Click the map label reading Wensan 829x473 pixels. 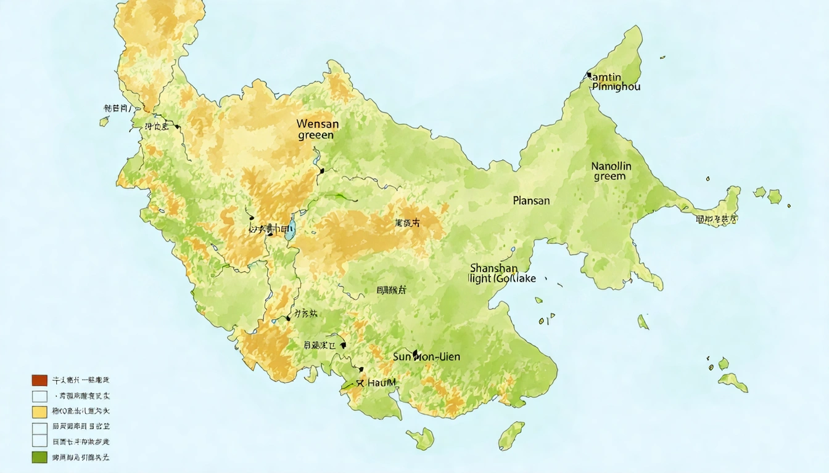tap(318, 124)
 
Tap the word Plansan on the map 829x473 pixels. tap(530, 201)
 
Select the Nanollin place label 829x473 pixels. tap(611, 166)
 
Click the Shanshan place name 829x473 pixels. tap(493, 268)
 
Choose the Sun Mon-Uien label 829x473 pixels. tap(426, 357)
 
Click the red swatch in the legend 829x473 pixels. tap(39, 380)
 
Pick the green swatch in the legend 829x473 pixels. tap(39, 457)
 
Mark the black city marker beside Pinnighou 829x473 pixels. tap(588, 76)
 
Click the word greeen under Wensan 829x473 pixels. tap(315, 135)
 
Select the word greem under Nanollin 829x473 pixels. tap(609, 177)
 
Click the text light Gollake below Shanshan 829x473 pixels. tap(502, 278)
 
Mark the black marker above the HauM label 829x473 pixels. tap(361, 370)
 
